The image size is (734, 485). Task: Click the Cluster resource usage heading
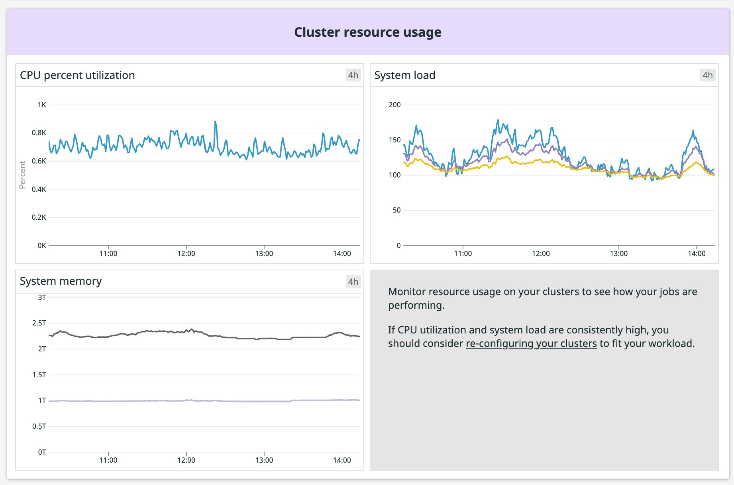[x=367, y=32]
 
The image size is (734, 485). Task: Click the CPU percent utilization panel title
[x=77, y=75]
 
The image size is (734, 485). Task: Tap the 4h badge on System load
[x=707, y=75]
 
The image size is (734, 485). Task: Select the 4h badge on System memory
[x=353, y=282]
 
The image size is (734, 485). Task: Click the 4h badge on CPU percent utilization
[x=353, y=75]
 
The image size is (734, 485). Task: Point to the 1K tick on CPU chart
[x=42, y=105]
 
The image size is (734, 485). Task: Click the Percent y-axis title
[x=23, y=175]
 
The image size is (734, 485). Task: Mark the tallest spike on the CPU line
[x=215, y=122]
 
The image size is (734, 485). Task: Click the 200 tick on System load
[x=394, y=105]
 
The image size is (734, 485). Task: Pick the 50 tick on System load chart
[x=396, y=210]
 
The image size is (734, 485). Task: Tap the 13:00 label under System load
[x=618, y=254]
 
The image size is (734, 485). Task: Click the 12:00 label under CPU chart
[x=186, y=254]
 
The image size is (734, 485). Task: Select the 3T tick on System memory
[x=42, y=298]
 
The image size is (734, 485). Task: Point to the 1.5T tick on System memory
[x=39, y=375]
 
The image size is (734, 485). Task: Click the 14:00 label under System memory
[x=342, y=460]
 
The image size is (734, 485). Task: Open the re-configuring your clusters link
[x=531, y=343]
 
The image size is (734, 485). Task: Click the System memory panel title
[x=61, y=281]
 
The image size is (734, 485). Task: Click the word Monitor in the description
[x=407, y=292]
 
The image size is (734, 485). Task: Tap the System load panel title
[x=404, y=75]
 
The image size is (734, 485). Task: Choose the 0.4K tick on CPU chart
[x=39, y=189]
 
